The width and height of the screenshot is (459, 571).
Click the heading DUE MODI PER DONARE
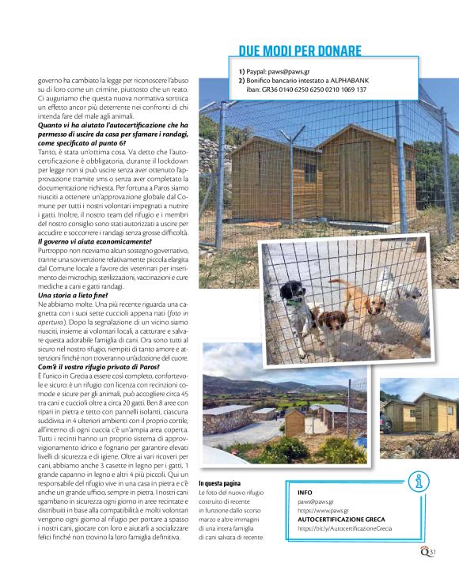(x=300, y=51)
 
